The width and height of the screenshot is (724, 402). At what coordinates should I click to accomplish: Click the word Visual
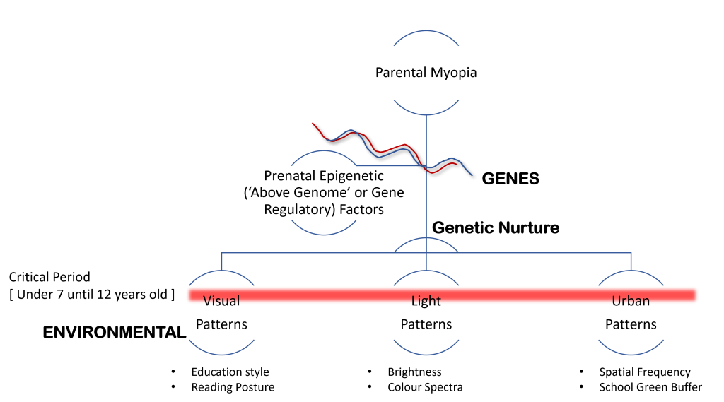click(x=221, y=300)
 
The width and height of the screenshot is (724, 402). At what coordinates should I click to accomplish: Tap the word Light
click(x=426, y=300)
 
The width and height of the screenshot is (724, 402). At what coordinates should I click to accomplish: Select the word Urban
click(x=631, y=300)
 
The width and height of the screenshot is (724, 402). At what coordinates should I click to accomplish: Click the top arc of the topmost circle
click(x=426, y=31)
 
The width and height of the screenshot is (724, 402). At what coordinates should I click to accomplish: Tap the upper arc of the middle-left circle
click(x=323, y=151)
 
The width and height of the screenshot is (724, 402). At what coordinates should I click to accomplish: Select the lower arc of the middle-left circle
click(x=323, y=234)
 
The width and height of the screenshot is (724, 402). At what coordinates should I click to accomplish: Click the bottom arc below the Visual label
click(x=221, y=354)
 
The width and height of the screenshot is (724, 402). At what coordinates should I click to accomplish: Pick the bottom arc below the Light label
click(x=426, y=354)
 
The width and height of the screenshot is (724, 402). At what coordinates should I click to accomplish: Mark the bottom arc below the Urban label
click(x=631, y=354)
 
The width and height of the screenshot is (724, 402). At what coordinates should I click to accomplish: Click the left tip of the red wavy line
click(x=313, y=124)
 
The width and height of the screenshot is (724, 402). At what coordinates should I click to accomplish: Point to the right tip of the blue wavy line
click(x=472, y=175)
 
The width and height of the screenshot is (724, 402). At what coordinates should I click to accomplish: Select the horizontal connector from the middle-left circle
click(x=389, y=165)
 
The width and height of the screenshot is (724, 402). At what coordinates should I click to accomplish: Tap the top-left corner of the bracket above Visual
click(x=221, y=252)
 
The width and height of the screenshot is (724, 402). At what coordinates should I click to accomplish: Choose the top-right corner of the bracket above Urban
click(x=631, y=252)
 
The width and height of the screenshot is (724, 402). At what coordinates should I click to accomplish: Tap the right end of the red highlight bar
click(x=697, y=295)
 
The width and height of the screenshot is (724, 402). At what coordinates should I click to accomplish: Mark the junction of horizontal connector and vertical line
click(x=426, y=165)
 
